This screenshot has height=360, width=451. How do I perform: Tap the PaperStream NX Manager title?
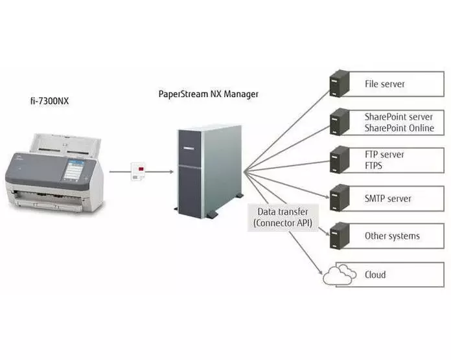(x=208, y=94)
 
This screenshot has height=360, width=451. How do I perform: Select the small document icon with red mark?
(x=137, y=171)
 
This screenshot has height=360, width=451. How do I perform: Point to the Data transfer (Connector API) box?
(x=283, y=217)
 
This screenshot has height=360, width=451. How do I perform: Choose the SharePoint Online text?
(x=399, y=128)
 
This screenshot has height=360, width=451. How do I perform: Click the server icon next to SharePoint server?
(x=338, y=122)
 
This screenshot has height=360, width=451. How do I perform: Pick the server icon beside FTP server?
(x=338, y=159)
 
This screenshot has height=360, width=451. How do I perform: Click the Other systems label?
(x=392, y=236)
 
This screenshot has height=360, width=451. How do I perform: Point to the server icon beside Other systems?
(x=338, y=235)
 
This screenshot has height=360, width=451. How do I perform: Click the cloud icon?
(x=338, y=275)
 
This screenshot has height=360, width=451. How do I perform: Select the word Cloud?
(x=375, y=275)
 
